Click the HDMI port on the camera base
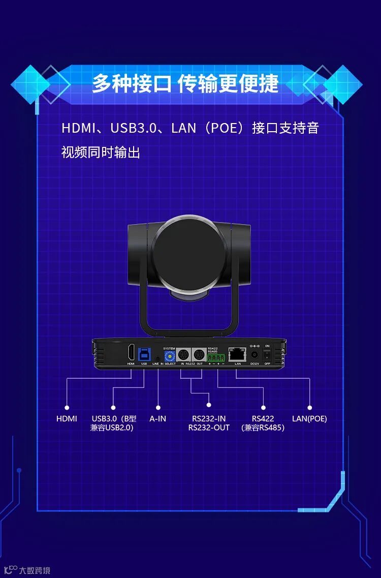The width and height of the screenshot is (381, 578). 131,352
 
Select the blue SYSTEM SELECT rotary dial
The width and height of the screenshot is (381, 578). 169,355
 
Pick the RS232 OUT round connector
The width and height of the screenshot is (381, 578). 199,355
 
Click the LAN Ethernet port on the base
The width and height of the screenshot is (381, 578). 237,354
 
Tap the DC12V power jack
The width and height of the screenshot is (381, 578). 255,354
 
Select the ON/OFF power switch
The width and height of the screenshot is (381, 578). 267,354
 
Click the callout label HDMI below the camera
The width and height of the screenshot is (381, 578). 67,419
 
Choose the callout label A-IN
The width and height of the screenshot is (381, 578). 157,419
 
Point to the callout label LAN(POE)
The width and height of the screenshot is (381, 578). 309,419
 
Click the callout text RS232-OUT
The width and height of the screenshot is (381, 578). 209,428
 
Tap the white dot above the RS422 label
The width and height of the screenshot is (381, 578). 263,407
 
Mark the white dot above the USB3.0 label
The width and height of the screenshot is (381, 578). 113,407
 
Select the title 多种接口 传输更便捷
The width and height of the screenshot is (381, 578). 185,84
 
